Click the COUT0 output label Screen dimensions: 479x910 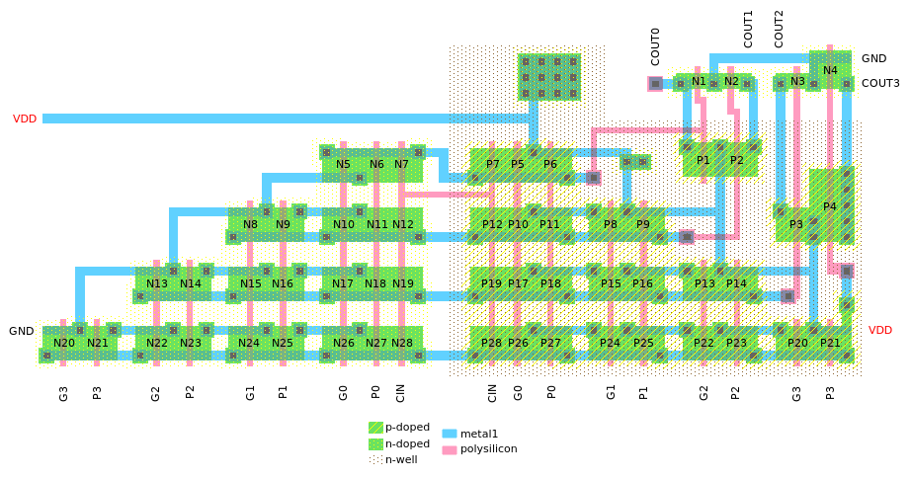[655, 46]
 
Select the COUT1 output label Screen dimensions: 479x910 [748, 29]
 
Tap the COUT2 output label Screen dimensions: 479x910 [779, 29]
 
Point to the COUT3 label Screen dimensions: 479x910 [880, 83]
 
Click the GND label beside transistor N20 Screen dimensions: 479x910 [22, 331]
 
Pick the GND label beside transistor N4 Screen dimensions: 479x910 [873, 59]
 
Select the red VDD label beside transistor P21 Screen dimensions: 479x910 [880, 330]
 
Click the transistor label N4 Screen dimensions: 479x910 [830, 70]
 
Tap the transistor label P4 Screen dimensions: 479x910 [830, 206]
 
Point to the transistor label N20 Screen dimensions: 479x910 [64, 343]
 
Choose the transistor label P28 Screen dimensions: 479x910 [491, 343]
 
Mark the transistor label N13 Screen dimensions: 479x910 [157, 283]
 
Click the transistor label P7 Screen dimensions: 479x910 [493, 164]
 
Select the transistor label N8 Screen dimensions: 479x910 [250, 224]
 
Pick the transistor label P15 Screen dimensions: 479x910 [611, 283]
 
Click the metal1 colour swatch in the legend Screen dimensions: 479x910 [449, 434]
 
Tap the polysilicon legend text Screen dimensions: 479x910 [488, 448]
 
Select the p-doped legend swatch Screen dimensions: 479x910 [375, 428]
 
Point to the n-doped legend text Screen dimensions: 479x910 [407, 443]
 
